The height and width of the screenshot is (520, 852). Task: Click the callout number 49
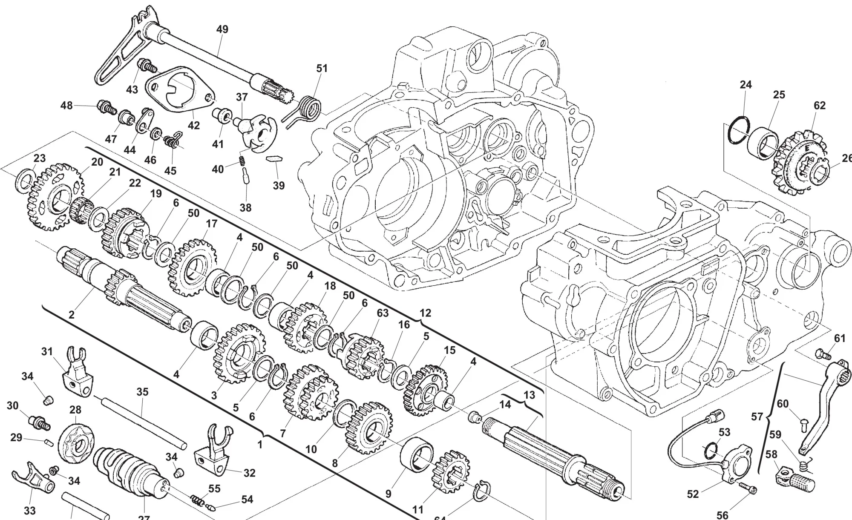pos(222,29)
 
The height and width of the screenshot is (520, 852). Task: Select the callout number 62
pos(819,105)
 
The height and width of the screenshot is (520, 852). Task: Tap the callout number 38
pos(245,207)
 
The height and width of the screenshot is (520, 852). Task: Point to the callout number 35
pos(142,392)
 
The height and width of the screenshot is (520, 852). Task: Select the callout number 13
pos(529,395)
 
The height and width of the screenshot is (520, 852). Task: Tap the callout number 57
pos(757,416)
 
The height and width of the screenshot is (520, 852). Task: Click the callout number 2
pos(71,315)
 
